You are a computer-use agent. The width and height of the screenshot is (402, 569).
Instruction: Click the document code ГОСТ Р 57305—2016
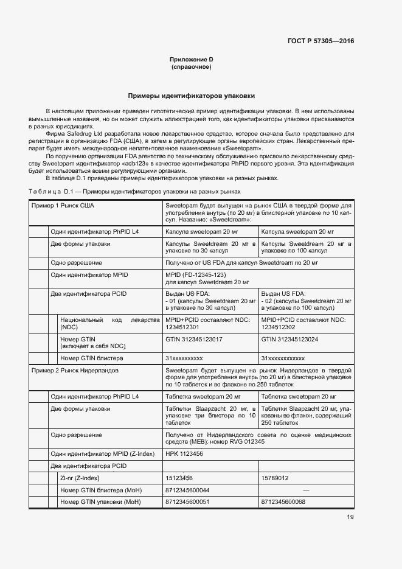pyautogui.click(x=321, y=41)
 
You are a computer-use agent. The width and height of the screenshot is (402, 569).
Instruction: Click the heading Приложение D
pyautogui.click(x=191, y=59)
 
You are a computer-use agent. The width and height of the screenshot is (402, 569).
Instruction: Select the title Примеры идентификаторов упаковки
pyautogui.click(x=191, y=96)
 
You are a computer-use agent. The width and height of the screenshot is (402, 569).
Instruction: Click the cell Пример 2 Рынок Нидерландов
pyautogui.click(x=75, y=370)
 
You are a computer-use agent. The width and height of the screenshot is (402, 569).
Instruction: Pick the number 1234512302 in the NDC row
pyautogui.click(x=280, y=326)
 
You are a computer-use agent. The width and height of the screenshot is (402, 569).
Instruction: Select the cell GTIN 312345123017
pyautogui.click(x=193, y=338)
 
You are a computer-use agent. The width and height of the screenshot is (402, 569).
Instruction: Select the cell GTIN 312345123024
pyautogui.click(x=289, y=338)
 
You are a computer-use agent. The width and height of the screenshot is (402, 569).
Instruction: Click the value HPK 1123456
pyautogui.click(x=184, y=453)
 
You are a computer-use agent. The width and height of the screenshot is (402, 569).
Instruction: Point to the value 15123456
pyautogui.click(x=180, y=478)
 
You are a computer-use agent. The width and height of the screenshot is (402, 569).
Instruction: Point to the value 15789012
pyautogui.click(x=275, y=478)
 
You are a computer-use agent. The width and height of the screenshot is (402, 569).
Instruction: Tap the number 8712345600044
pyautogui.click(x=187, y=490)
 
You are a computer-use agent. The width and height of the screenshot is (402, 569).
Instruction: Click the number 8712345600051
pyautogui.click(x=187, y=502)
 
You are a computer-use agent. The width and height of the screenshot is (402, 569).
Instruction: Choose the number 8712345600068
pyautogui.click(x=283, y=502)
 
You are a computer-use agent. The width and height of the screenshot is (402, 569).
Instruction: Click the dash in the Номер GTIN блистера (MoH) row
pyautogui.click(x=307, y=490)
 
